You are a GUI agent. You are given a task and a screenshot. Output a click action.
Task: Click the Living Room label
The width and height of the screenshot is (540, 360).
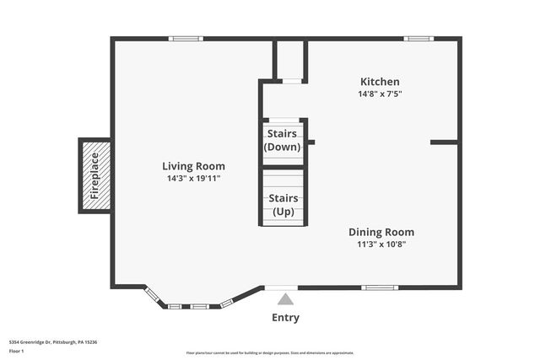coord(194,166)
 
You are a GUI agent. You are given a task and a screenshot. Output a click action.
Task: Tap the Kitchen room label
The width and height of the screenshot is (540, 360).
coord(380,82)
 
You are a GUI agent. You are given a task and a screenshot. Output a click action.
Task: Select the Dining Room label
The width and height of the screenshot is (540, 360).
coord(381,232)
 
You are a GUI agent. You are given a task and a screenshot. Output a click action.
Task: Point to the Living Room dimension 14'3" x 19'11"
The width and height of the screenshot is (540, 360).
coord(194,179)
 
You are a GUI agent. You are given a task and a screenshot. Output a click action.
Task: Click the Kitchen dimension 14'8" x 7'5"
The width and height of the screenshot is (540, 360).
coord(380,94)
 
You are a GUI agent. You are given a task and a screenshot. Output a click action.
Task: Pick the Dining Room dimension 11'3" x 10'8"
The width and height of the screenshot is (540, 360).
coord(381,244)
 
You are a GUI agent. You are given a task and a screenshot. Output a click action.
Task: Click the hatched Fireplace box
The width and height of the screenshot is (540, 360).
coord(94,175)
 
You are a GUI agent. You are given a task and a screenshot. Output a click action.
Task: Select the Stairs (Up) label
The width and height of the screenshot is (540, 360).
coord(282,205)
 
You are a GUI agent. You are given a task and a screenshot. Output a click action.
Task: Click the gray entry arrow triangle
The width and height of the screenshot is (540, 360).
coord(285,298)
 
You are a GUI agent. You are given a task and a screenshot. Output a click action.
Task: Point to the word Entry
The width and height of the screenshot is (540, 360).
coord(285,318)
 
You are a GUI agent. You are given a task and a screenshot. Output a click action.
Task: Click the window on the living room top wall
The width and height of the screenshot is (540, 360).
coord(185,38)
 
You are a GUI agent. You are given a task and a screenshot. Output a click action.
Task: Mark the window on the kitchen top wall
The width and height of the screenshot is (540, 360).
coord(417,38)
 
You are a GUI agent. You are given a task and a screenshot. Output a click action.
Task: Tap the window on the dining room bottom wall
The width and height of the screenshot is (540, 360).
coord(381,287)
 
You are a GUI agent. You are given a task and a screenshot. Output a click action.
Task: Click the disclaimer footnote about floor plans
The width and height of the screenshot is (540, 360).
coord(270,353)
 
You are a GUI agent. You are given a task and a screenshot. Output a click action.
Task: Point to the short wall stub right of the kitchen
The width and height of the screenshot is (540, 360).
coord(444,142)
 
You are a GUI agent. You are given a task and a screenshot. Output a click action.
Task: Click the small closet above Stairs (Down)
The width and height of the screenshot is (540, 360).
coord(289,61)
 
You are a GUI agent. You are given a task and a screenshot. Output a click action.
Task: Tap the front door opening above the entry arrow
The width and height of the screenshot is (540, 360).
coord(281,287)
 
